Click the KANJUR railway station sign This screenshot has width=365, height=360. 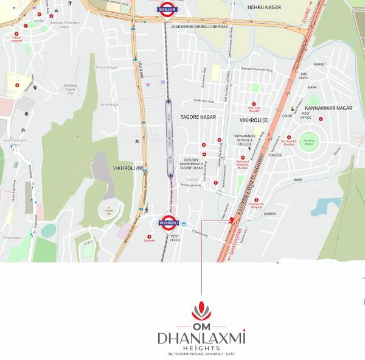pos(167,10)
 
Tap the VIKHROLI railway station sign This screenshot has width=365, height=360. pos(167,223)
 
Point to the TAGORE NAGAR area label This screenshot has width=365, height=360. pos(198,116)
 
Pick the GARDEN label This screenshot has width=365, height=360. pos(270,214)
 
